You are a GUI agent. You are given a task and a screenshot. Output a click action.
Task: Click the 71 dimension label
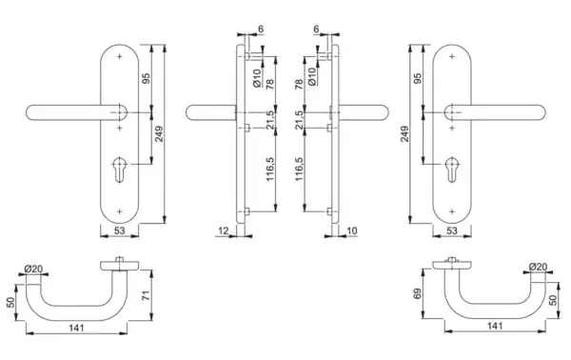tap(146, 295)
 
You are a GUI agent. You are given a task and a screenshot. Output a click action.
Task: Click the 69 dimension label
tap(418, 293)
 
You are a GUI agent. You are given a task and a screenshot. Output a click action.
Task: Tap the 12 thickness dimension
tap(224, 230)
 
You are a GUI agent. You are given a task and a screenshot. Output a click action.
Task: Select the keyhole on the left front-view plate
tap(120, 170)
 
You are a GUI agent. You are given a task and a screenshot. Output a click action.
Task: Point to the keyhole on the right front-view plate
tap(451, 170)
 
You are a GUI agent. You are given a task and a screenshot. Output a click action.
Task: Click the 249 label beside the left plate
tap(159, 134)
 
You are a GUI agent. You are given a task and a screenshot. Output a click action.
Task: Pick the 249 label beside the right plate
tap(404, 134)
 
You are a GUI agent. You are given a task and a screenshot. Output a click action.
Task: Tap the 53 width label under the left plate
tap(120, 230)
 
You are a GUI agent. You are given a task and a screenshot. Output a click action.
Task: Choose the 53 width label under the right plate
tap(451, 230)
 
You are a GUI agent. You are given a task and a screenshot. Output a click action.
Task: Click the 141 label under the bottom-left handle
tap(76, 328)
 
